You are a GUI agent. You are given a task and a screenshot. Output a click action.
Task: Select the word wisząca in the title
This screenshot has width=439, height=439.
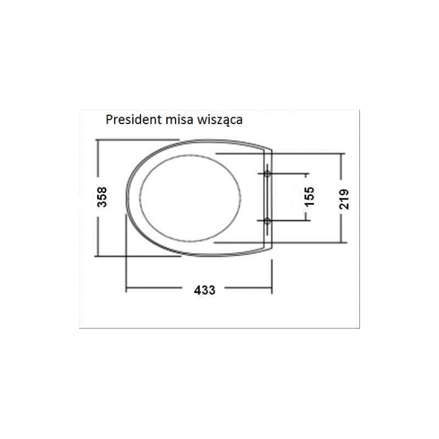[220, 120]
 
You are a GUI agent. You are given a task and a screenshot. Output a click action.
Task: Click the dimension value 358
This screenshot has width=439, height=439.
[102, 197]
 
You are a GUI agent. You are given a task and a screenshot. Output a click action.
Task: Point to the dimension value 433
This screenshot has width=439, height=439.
[205, 290]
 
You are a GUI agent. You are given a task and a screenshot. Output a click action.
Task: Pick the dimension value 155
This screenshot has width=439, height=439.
[310, 197]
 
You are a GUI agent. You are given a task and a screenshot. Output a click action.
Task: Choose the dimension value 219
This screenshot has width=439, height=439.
[344, 199]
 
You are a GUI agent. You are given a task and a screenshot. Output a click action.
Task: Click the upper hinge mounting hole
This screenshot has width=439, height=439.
[267, 174]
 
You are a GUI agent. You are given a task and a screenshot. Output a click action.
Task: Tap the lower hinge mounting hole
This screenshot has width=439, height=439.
[267, 221]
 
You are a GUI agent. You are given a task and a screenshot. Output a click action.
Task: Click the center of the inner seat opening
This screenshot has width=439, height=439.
[190, 198]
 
